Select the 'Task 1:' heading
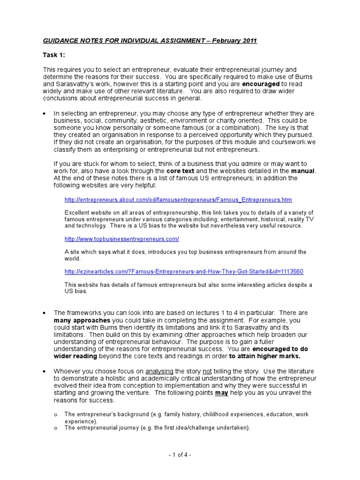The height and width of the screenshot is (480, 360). tap(54, 55)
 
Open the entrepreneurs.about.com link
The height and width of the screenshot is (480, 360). tap(178, 200)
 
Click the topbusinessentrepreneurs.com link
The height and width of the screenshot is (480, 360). tap(122, 239)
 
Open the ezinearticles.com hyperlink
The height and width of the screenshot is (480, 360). tap(184, 271)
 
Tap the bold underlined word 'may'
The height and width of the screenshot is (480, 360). tap(221, 393)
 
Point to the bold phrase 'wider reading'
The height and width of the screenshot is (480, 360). tap(75, 356)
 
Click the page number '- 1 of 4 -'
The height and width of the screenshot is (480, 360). tap(180, 455)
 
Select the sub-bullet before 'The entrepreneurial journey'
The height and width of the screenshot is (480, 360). tap(55, 428)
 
